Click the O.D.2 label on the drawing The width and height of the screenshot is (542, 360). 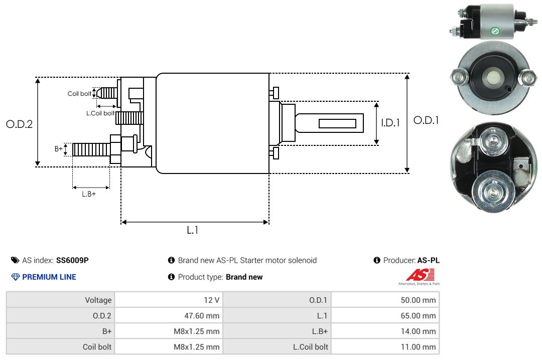20,124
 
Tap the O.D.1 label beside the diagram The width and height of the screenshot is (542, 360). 426,120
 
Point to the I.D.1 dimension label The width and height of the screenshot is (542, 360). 390,123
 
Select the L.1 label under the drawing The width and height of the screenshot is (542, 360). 193,230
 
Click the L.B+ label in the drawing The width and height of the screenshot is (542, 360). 89,194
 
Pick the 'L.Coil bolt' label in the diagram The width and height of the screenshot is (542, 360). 100,113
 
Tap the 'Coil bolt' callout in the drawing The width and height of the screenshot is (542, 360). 79,94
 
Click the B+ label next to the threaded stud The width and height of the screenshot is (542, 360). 58,148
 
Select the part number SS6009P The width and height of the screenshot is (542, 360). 72,260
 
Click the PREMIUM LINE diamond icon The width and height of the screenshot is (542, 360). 16,277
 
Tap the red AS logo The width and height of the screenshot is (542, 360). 420,275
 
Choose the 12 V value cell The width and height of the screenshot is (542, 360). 169,300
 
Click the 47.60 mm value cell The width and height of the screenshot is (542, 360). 169,315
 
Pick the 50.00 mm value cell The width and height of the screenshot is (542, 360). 385,300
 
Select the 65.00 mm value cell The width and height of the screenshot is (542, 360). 385,315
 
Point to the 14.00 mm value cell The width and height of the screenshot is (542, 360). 385,331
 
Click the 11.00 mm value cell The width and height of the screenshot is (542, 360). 385,346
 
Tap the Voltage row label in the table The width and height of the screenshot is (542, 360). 98,300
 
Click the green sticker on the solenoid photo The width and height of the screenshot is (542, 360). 495,31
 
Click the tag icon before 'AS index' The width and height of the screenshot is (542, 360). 15,260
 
